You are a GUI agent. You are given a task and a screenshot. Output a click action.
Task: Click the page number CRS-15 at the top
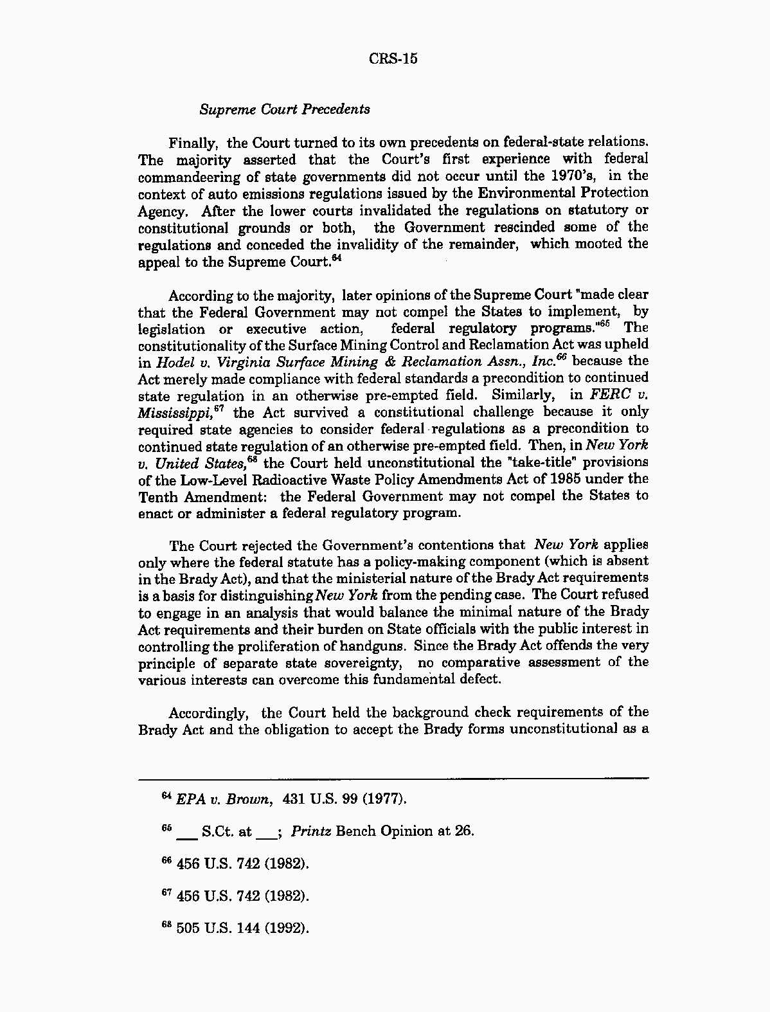(x=393, y=59)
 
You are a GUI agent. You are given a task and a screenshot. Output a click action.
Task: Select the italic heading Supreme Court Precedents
(x=285, y=109)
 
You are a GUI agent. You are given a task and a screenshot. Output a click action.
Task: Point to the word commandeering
(x=183, y=176)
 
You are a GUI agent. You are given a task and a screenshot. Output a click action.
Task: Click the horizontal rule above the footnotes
(x=393, y=779)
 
